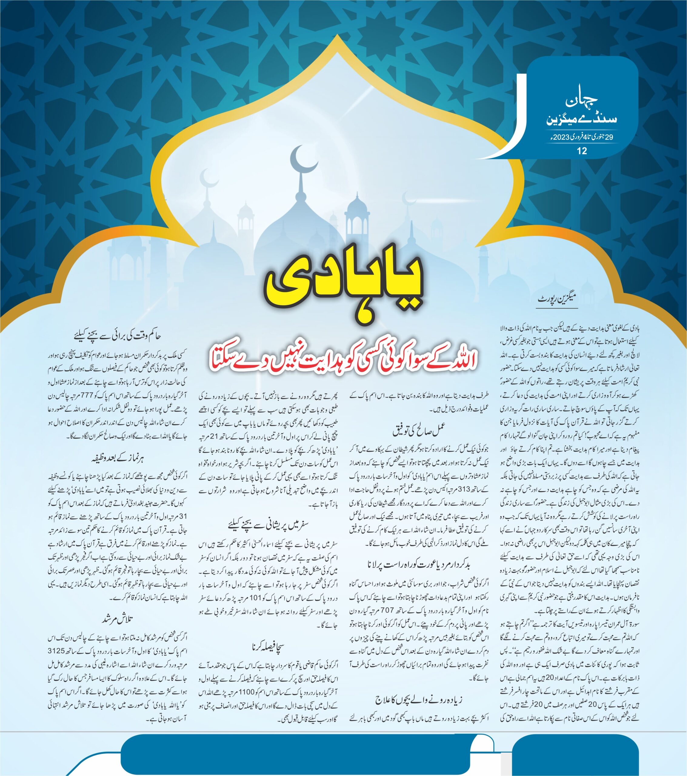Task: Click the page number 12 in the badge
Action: coord(582,151)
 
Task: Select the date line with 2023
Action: coord(581,137)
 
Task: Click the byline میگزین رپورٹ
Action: coord(557,299)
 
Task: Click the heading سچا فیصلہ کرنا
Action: coord(268,647)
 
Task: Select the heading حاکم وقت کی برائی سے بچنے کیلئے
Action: coord(118,336)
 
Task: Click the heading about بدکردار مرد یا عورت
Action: coord(419,565)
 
